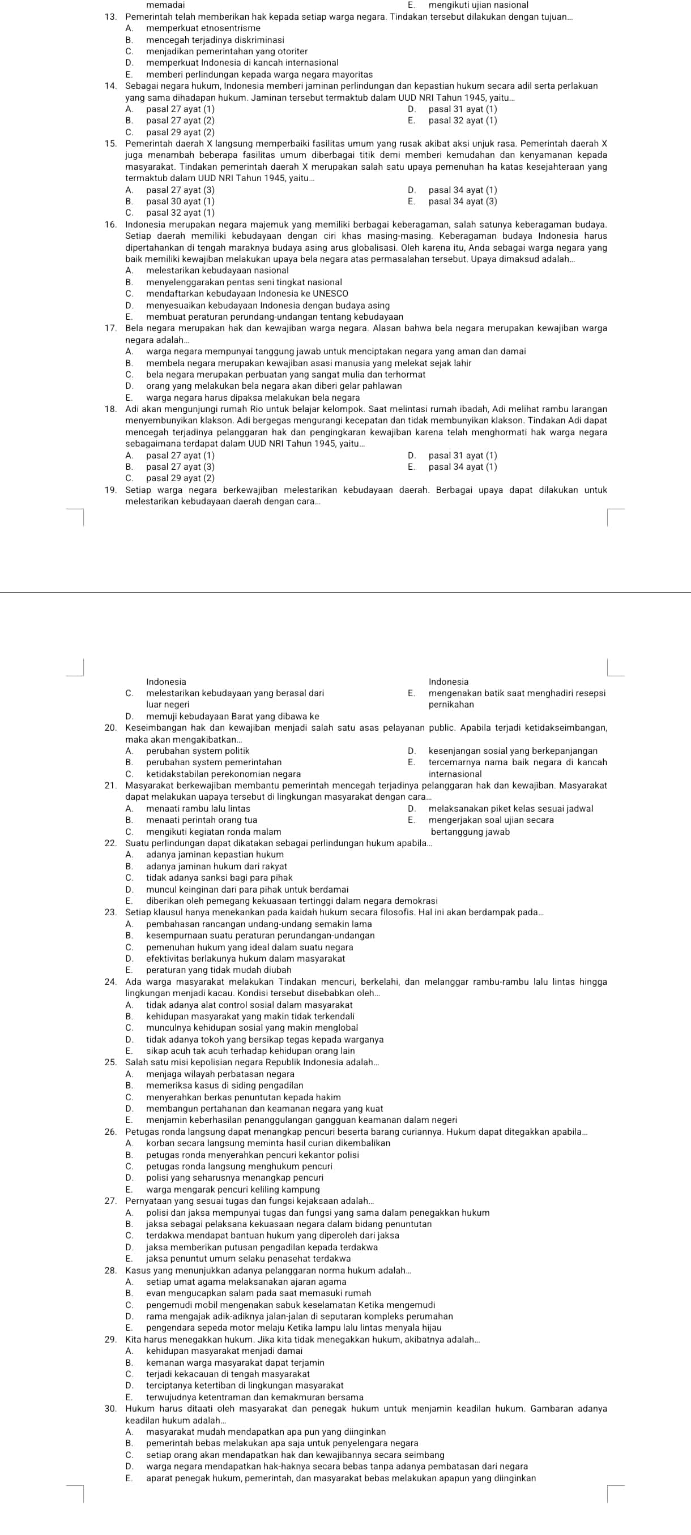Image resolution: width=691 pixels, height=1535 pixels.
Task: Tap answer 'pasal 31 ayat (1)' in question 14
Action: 462,109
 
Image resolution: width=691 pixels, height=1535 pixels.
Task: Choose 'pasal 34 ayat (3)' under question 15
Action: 462,201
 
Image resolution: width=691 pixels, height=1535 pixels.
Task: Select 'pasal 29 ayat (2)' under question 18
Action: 180,478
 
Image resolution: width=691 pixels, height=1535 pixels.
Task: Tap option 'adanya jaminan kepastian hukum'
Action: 206,855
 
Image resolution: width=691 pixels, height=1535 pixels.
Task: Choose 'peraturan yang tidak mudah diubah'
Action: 211,970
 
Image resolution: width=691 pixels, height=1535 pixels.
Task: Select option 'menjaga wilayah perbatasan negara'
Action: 220,1074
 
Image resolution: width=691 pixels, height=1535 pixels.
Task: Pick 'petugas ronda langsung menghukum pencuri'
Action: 238,1166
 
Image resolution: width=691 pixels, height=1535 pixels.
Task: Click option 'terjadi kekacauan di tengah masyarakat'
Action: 228,1374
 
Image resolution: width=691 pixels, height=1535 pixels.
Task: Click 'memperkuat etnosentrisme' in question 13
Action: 203,28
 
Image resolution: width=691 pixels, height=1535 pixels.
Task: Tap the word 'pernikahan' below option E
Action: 451,704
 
